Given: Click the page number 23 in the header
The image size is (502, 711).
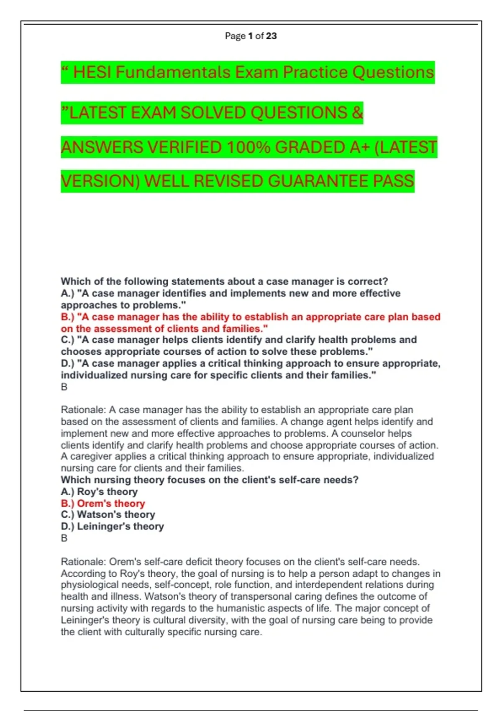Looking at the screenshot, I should click(271, 36).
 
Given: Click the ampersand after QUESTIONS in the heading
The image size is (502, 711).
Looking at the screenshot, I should click(357, 113).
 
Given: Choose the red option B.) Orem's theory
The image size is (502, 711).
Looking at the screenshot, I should click(103, 504).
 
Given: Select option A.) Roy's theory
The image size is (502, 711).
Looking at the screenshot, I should click(99, 492).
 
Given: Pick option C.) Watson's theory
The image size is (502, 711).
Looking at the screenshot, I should click(108, 514).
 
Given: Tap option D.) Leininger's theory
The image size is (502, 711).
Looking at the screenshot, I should click(112, 526).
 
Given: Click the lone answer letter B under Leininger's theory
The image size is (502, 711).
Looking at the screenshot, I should click(64, 538).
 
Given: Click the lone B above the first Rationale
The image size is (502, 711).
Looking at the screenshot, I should click(64, 387).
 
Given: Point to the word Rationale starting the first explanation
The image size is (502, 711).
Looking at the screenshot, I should click(83, 410).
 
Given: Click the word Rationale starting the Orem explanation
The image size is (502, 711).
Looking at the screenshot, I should click(83, 562).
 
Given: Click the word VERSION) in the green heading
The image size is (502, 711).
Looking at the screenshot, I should click(100, 181).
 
